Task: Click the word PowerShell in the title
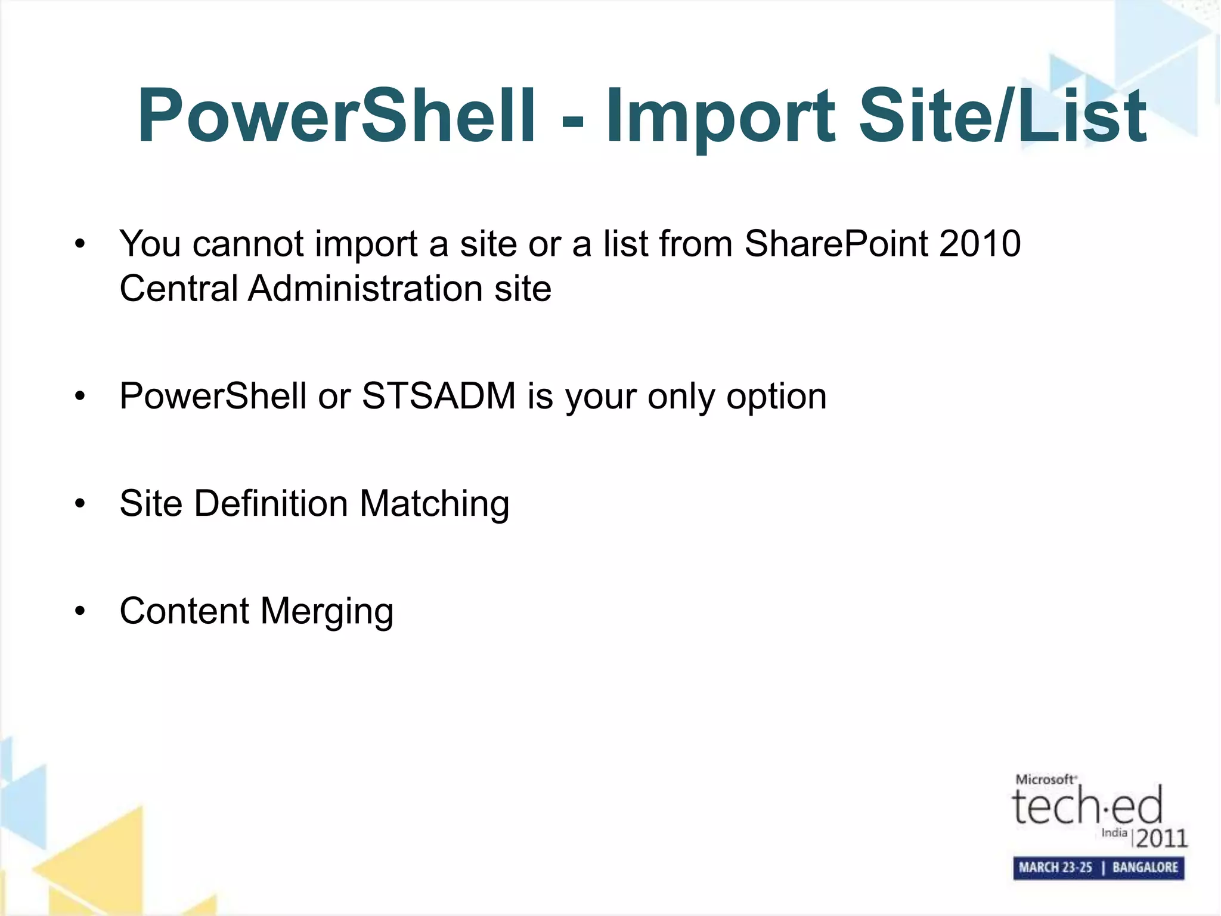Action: pos(337,116)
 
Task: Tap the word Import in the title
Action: pos(720,116)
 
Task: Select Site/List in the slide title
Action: pos(1002,116)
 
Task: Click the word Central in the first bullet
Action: pos(178,289)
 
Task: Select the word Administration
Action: pos(365,289)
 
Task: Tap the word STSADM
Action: pos(439,396)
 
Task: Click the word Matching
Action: pos(434,505)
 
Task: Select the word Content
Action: pos(184,611)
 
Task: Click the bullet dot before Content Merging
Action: pos(80,611)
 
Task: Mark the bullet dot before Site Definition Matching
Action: pos(80,504)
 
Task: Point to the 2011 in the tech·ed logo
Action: pos(1161,838)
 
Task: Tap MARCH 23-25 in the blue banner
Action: pos(1055,868)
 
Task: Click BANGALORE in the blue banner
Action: pos(1145,868)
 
